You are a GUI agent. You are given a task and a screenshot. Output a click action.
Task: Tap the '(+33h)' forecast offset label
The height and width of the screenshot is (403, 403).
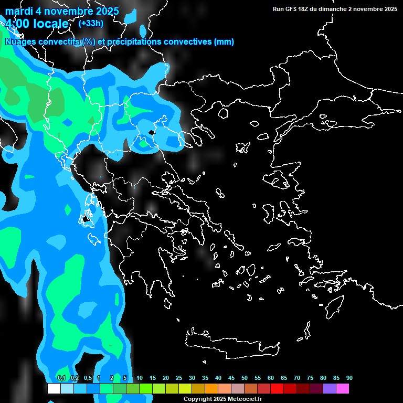click(91, 23)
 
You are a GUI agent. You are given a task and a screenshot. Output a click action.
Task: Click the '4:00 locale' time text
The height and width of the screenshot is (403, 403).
click(37, 24)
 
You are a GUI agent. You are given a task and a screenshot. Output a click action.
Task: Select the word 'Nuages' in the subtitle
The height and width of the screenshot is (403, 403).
click(20, 42)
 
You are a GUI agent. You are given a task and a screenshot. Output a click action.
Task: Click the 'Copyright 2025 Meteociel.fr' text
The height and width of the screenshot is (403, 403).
click(222, 399)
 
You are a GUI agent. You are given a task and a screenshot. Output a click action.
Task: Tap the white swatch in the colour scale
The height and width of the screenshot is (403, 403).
click(54, 389)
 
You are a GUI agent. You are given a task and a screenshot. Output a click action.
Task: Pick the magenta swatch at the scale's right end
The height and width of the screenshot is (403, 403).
click(343, 389)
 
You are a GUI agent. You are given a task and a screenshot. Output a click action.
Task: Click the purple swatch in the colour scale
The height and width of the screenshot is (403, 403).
click(330, 389)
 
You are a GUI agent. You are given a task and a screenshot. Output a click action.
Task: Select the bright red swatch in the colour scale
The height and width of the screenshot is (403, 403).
click(277, 389)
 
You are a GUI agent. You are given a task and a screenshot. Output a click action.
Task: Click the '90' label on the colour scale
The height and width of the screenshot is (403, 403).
click(349, 378)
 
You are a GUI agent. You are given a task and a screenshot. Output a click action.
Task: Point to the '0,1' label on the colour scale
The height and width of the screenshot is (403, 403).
click(61, 378)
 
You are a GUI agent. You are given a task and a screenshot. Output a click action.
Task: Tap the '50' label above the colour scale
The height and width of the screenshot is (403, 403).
click(245, 378)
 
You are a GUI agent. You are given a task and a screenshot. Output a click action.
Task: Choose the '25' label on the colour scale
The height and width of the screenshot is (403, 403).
click(178, 378)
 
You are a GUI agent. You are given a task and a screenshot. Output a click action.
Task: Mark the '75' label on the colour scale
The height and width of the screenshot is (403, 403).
click(310, 378)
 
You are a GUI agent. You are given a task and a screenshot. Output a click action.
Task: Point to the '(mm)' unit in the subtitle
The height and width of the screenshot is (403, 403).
click(224, 42)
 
